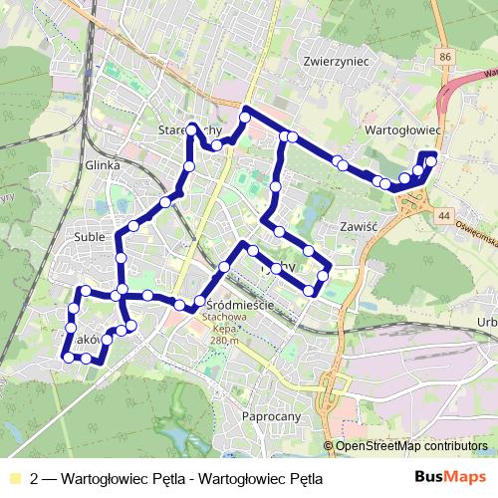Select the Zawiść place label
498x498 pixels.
(x=356, y=226)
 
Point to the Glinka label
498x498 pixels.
(x=103, y=165)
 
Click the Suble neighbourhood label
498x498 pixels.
(x=90, y=236)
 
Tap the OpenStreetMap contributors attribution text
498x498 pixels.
(x=411, y=446)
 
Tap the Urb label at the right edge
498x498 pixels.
(x=487, y=321)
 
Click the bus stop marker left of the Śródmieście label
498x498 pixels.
(x=199, y=301)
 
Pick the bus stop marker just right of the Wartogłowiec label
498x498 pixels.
(x=431, y=160)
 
